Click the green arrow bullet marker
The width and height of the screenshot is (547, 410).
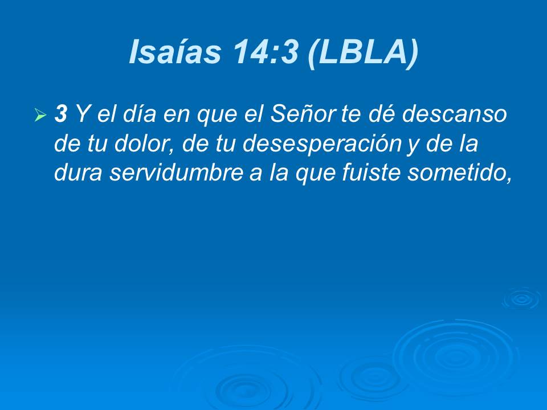click(40, 116)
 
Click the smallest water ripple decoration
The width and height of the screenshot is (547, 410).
click(521, 299)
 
